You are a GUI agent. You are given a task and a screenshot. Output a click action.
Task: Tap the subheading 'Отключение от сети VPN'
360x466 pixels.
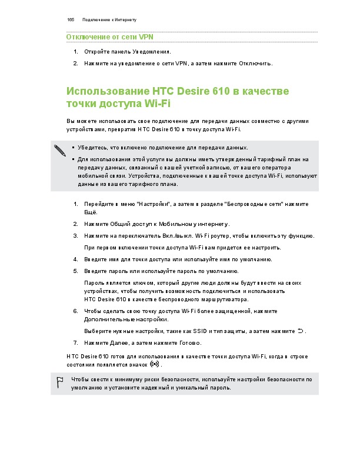click(110, 38)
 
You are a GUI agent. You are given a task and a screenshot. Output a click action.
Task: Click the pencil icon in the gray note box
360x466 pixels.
click(60, 150)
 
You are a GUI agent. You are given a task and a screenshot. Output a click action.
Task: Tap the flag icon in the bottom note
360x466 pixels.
click(59, 381)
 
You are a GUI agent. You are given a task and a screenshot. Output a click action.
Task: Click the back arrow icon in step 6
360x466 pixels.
click(300, 331)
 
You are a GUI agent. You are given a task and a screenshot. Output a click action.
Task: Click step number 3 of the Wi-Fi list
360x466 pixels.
click(76, 235)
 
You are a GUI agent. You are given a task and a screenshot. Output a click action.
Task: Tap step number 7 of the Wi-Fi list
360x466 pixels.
click(76, 342)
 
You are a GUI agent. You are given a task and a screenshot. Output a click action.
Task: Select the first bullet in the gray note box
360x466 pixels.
click(73, 148)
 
